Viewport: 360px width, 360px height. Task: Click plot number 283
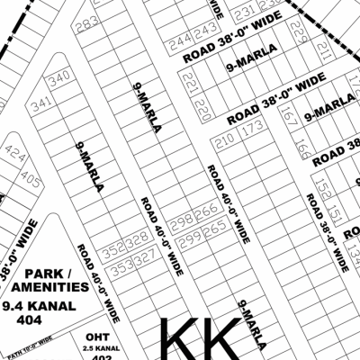[87, 24]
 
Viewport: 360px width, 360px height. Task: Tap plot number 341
[40, 106]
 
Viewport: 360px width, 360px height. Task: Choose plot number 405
[31, 181]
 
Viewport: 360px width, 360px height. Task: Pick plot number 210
[225, 139]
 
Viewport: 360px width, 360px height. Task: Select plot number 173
[252, 128]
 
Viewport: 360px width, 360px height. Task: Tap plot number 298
[183, 220]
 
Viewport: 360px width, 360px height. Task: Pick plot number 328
[137, 238]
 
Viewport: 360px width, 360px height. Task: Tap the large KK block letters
[200, 337]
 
